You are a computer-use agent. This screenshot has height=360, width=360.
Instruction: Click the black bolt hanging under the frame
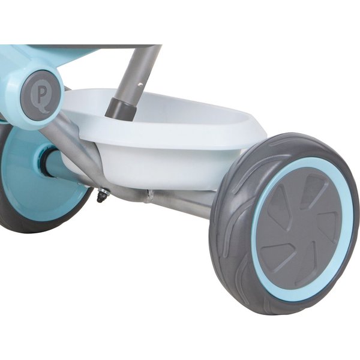click(x=101, y=196)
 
